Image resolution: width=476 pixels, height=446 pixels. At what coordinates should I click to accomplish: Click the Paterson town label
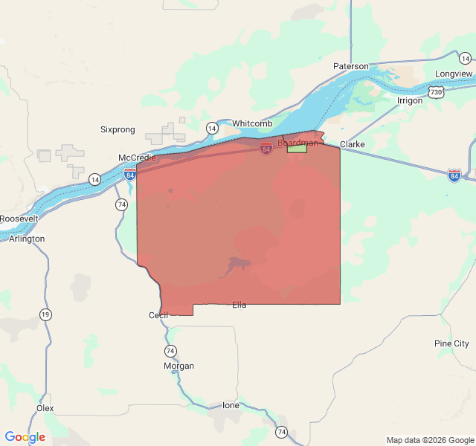[x=350, y=66]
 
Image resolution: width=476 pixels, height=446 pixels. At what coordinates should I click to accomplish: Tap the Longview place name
[x=454, y=74]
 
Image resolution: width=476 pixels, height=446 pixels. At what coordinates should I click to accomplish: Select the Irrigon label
[x=410, y=100]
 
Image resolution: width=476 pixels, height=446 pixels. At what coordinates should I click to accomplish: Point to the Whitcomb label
[x=252, y=123]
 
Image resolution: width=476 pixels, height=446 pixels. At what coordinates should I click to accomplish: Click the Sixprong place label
[x=118, y=129]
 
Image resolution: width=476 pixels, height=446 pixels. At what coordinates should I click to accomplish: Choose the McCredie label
[x=138, y=158]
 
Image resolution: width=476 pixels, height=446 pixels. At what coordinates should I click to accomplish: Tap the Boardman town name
[x=297, y=142]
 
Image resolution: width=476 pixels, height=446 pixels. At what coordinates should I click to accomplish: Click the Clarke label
[x=352, y=143]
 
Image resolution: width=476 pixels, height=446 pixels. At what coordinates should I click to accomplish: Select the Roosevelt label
[x=19, y=219]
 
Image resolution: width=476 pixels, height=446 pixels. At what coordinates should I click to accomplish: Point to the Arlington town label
[x=27, y=239]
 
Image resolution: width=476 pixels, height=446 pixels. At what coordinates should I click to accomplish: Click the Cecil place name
[x=159, y=315]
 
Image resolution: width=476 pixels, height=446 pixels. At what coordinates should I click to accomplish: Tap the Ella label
[x=239, y=305]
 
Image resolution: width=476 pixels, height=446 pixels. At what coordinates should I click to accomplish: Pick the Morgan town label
[x=178, y=366]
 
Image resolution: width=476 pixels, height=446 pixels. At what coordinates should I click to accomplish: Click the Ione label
[x=231, y=405]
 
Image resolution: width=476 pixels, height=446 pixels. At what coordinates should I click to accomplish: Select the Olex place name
[x=45, y=408]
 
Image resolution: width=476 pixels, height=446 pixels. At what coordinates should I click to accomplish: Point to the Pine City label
[x=451, y=343]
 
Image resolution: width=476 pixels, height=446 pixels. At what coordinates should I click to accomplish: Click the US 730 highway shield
[x=437, y=92]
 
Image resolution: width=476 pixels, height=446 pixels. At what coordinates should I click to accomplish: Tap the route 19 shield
[x=46, y=314]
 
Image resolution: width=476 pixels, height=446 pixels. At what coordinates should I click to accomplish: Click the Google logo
[x=25, y=437]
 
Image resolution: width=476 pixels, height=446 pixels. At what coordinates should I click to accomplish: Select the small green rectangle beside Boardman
[x=297, y=149]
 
